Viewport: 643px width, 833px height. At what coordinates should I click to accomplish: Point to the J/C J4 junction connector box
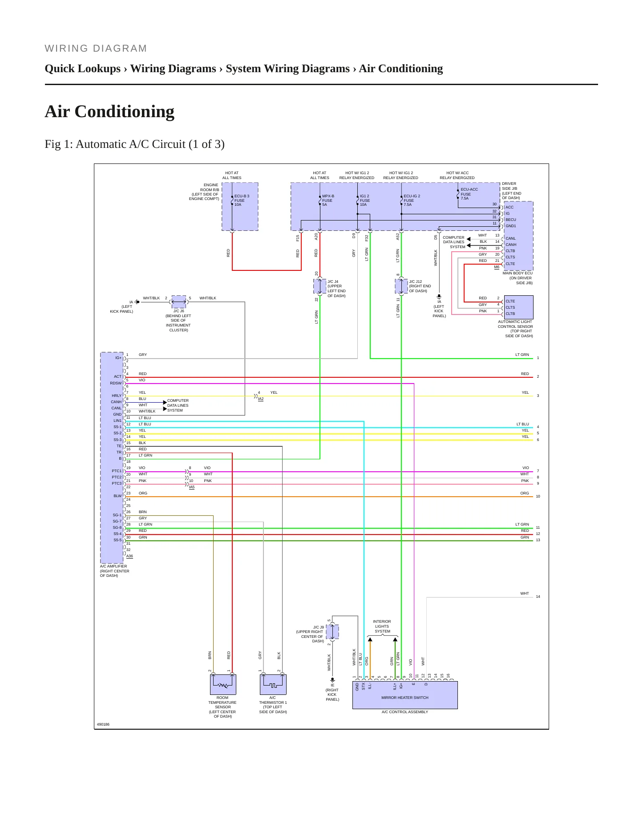[x=320, y=286]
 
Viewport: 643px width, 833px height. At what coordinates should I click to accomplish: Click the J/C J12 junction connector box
[x=401, y=286]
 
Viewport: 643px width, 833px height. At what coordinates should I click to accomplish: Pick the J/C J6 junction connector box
[x=179, y=302]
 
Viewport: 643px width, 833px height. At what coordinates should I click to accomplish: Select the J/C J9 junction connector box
[x=332, y=632]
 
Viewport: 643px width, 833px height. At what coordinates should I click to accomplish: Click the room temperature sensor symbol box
[x=223, y=685]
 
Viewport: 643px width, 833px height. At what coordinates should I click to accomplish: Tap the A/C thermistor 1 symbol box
[x=273, y=685]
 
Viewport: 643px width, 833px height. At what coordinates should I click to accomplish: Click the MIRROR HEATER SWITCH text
[x=405, y=698]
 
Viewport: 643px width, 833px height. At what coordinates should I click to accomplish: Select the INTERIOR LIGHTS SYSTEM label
[x=382, y=626]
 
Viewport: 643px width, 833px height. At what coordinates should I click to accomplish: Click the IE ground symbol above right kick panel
[x=332, y=680]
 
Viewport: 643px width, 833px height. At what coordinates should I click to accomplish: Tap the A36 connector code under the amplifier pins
[x=129, y=556]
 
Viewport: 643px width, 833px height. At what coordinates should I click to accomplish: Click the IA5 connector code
[x=192, y=487]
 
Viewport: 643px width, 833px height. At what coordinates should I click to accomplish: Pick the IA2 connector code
[x=261, y=399]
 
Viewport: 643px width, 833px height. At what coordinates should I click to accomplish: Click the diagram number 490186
[x=103, y=724]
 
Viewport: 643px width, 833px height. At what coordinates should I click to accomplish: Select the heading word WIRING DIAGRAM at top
[x=96, y=49]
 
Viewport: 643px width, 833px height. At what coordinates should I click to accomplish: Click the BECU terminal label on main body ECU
[x=511, y=220]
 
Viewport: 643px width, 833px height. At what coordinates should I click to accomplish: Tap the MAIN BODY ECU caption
[x=518, y=273]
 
